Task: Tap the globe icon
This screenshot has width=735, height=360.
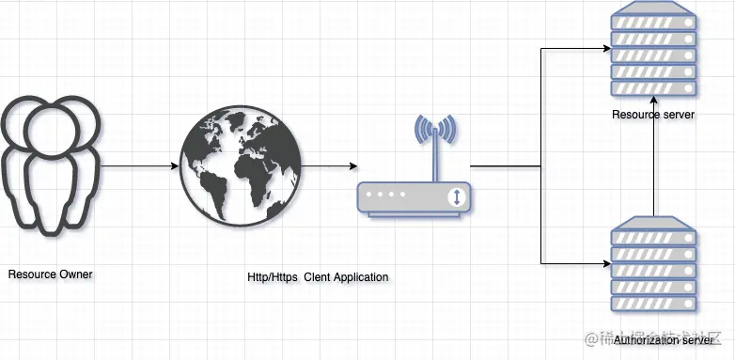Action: click(241, 167)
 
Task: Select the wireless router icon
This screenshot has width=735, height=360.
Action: click(414, 179)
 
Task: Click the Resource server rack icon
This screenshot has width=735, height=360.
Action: click(654, 55)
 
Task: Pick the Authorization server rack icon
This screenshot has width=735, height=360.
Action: click(654, 267)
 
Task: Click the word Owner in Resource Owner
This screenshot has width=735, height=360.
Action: click(75, 274)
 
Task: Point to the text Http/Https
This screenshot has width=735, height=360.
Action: click(267, 277)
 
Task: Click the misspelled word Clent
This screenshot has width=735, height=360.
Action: click(316, 277)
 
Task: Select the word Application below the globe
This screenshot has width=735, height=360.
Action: click(361, 277)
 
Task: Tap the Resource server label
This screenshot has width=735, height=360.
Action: click(653, 115)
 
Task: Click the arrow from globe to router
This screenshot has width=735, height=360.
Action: click(329, 166)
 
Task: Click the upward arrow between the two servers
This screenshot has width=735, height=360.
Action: click(654, 169)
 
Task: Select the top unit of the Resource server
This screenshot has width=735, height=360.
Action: click(654, 20)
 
